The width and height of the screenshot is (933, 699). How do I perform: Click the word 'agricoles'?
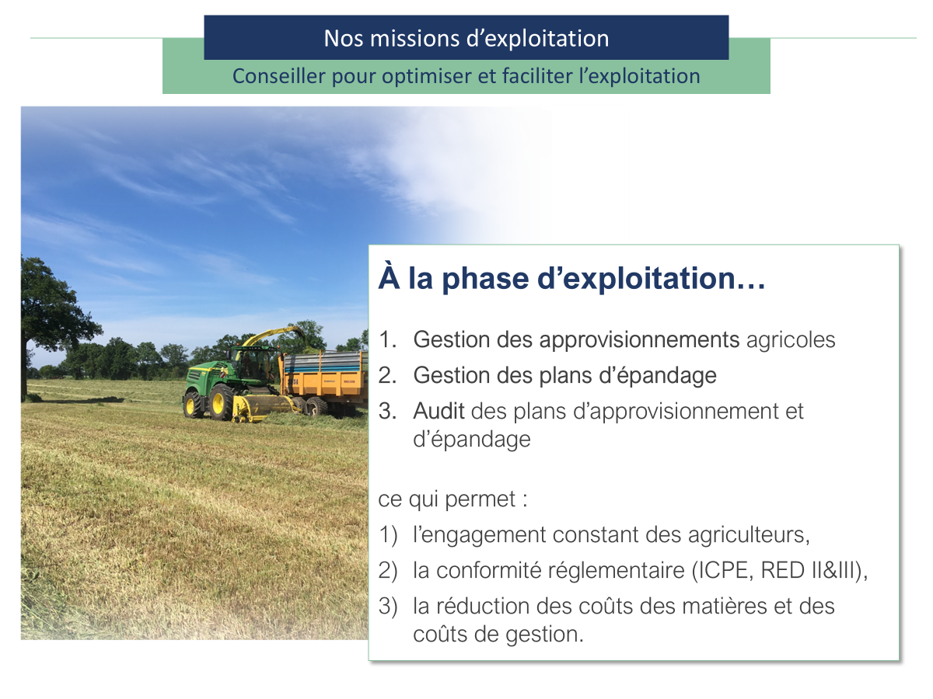coord(791,339)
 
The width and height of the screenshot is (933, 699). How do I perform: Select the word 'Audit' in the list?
coord(439,410)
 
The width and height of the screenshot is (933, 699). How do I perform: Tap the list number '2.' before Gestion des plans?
coord(387,375)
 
